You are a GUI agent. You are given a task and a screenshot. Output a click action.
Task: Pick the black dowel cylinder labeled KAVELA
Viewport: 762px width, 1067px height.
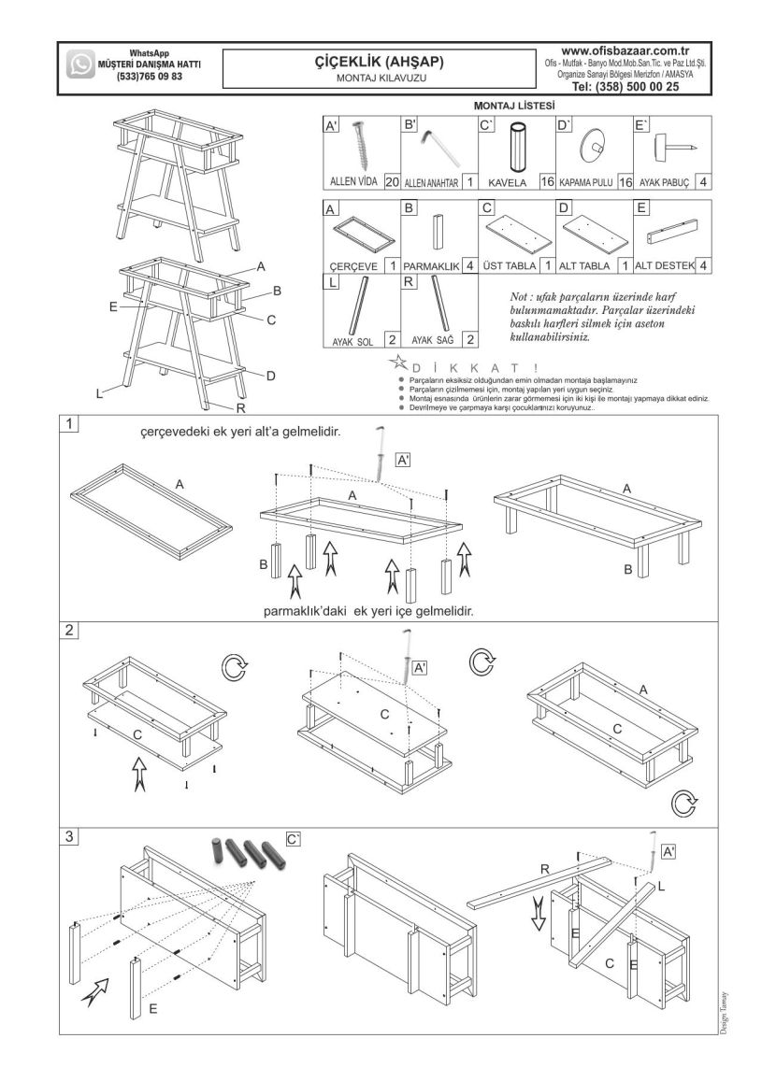point(515,148)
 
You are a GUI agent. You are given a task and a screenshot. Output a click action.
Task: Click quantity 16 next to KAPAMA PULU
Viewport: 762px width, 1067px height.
point(625,182)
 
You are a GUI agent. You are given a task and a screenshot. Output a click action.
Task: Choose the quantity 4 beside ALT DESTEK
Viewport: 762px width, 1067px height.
point(702,266)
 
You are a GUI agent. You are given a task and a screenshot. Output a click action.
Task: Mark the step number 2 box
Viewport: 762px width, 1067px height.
point(69,630)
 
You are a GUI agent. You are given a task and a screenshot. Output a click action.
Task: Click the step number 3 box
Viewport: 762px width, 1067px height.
point(69,836)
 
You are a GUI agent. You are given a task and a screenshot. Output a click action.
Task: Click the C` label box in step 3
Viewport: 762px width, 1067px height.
point(293,839)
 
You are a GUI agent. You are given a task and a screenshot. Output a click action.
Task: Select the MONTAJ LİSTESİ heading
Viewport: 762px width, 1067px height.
point(514,107)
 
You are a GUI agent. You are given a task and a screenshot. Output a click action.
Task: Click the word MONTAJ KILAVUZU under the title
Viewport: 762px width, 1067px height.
point(380,79)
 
